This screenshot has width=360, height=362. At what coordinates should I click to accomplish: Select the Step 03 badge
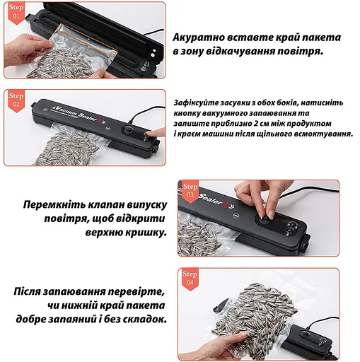point(190,190)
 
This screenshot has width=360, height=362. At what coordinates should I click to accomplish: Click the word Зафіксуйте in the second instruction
point(199,102)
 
